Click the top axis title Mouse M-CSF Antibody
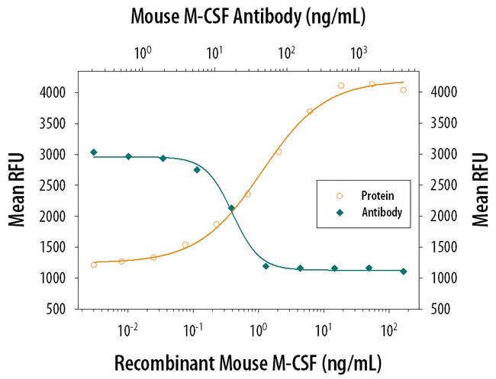(249, 16)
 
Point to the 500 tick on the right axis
(444, 309)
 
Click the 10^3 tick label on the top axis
(359, 53)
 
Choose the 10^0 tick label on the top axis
(143, 53)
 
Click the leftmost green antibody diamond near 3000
(94, 153)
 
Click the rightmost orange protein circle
(404, 90)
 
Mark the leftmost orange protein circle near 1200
(94, 265)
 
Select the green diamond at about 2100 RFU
(232, 208)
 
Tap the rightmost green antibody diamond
(404, 271)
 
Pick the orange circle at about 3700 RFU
(310, 111)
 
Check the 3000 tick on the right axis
(444, 154)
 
